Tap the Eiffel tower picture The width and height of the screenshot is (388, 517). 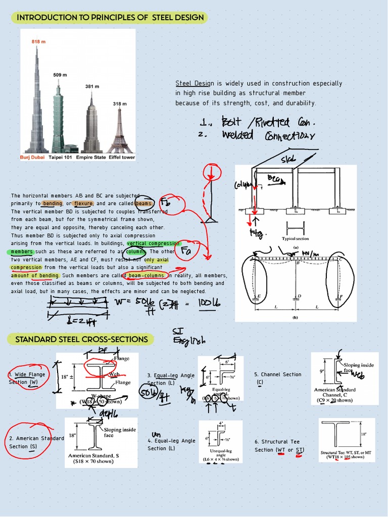[120, 131]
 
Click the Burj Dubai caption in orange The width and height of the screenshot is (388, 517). [32, 158]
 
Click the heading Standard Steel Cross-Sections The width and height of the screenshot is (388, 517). [82, 339]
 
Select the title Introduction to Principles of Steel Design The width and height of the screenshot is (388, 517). [110, 18]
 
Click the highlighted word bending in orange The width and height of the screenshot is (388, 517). [52, 203]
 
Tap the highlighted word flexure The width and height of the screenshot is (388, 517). [83, 203]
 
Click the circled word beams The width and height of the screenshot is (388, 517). [144, 203]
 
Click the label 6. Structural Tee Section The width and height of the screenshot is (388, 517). [277, 445]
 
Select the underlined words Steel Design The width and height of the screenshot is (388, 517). [192, 83]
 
